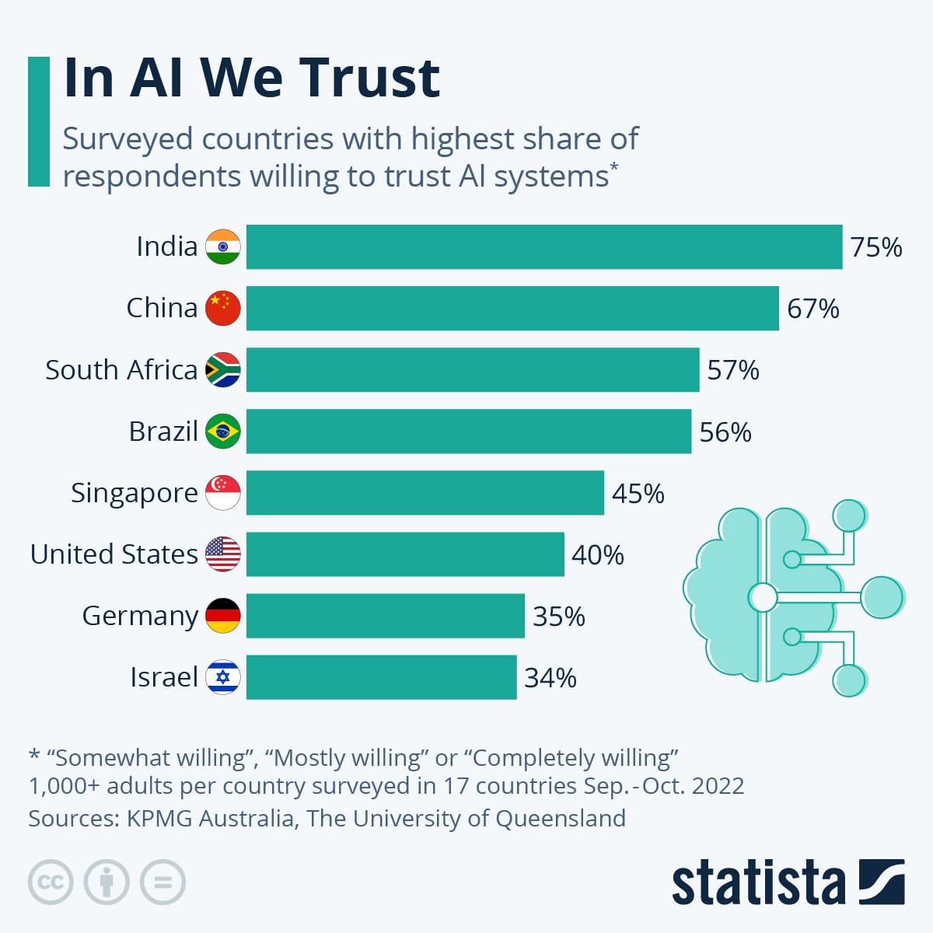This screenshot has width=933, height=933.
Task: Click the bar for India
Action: click(544, 246)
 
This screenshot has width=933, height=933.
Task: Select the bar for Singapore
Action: click(425, 492)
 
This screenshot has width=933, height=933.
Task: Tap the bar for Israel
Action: click(381, 677)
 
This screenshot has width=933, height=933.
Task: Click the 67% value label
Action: click(813, 309)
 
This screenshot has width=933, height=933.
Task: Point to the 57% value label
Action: click(733, 370)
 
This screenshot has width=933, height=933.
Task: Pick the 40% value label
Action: click(598, 555)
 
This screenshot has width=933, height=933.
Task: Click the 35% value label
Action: click(559, 617)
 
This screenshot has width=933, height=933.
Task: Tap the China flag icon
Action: click(223, 308)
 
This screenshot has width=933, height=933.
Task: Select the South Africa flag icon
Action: click(223, 370)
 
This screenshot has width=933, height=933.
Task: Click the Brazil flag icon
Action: click(223, 432)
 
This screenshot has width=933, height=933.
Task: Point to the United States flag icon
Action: click(223, 554)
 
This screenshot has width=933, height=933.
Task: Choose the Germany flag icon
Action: click(223, 616)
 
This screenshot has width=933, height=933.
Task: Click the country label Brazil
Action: click(163, 431)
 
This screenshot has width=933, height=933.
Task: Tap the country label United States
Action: click(114, 554)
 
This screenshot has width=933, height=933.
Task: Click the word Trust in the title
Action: click(370, 78)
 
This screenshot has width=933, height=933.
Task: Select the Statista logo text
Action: click(758, 883)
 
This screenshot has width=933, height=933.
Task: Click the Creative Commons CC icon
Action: click(51, 882)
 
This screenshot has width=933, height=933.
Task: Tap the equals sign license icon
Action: click(163, 882)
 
